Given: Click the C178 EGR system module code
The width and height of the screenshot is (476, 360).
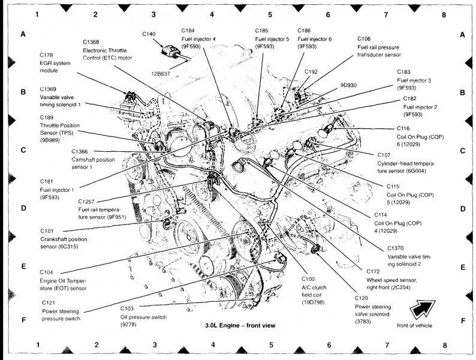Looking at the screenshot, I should tap(47, 55).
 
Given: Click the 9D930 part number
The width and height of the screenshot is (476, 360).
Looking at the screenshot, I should tap(348, 85).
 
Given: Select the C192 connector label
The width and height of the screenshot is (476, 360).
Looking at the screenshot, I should tap(311, 71).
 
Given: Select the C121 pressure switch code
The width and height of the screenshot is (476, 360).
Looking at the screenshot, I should tap(49, 303).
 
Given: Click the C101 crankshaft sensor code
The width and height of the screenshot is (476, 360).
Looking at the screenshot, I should tap(47, 230).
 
